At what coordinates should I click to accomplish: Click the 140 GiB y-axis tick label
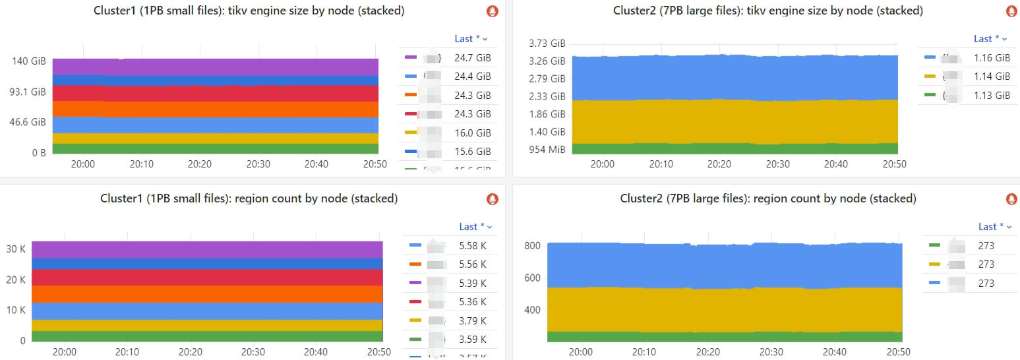tap(29, 61)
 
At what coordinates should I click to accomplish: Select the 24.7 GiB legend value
tap(472, 58)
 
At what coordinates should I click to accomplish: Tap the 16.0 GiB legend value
tap(472, 133)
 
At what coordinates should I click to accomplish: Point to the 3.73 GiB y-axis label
tap(547, 44)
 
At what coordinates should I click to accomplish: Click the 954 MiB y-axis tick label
tap(547, 150)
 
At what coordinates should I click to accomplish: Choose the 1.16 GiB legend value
tap(992, 58)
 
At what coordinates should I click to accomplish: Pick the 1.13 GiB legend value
tap(992, 96)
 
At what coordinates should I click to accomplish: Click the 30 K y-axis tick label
tap(16, 249)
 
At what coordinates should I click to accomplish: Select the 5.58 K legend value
tap(473, 246)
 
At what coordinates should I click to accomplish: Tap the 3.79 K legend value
tap(473, 321)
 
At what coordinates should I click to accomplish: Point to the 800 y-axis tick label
tap(533, 246)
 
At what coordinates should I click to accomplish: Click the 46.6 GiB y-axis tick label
tap(27, 122)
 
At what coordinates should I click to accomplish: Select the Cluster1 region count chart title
tap(249, 198)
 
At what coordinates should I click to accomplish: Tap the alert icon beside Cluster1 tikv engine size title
tap(492, 11)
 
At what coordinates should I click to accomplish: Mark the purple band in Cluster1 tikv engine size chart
tap(215, 67)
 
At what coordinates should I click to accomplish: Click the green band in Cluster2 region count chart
tap(724, 336)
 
